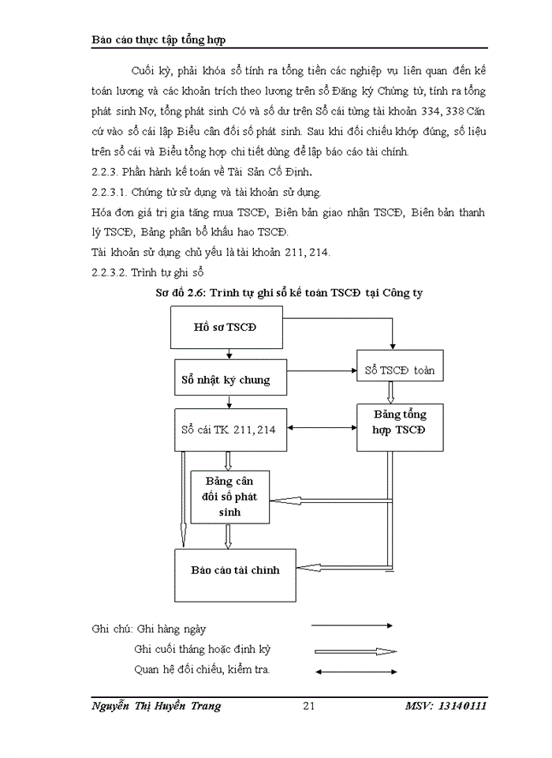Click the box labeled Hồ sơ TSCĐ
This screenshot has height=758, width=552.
226,328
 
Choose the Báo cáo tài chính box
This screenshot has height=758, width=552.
235,569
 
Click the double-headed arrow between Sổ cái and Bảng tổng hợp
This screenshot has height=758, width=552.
321,429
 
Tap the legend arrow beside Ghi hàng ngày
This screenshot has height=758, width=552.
352,625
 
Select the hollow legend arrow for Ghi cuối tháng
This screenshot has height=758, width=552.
354,651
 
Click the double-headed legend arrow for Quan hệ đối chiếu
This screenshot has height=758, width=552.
354,672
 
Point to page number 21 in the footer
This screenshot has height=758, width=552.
309,706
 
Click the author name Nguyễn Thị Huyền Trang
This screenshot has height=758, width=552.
156,706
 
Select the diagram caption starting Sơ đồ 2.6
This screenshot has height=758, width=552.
289,293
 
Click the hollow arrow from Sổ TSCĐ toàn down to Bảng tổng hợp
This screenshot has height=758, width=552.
390,392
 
